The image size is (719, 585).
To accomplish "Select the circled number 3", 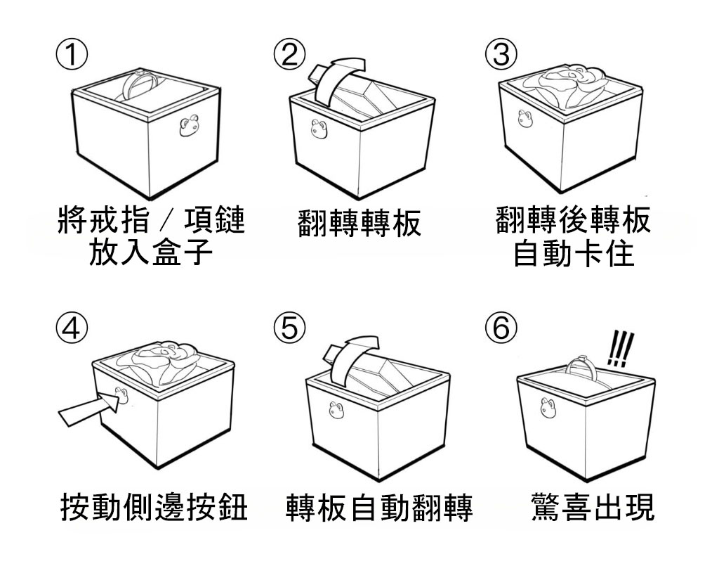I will click(499, 54).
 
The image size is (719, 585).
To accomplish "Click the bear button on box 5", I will click(336, 409).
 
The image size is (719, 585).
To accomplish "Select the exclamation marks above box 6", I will click(619, 348).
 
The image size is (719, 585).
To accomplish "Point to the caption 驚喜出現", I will click(592, 508).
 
